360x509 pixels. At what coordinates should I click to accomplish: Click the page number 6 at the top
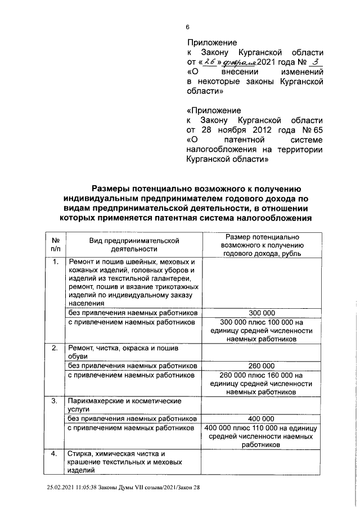click(x=188, y=26)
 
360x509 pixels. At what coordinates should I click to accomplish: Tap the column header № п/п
click(x=55, y=244)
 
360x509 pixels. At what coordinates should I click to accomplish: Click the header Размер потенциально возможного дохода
click(x=262, y=245)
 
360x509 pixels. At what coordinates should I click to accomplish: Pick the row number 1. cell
click(x=55, y=262)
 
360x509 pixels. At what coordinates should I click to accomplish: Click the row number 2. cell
click(x=55, y=348)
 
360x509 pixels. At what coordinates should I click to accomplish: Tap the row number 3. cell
click(x=55, y=401)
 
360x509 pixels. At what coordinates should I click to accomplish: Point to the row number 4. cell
click(x=55, y=454)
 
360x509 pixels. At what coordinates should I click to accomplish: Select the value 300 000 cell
click(x=262, y=313)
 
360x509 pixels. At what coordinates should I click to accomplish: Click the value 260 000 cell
click(x=262, y=366)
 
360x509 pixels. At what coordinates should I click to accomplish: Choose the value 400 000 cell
click(x=262, y=418)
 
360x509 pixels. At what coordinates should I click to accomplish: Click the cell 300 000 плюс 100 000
click(x=262, y=331)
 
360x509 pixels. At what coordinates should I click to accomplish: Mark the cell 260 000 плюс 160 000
click(x=262, y=384)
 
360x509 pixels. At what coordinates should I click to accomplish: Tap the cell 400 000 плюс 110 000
click(x=262, y=436)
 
